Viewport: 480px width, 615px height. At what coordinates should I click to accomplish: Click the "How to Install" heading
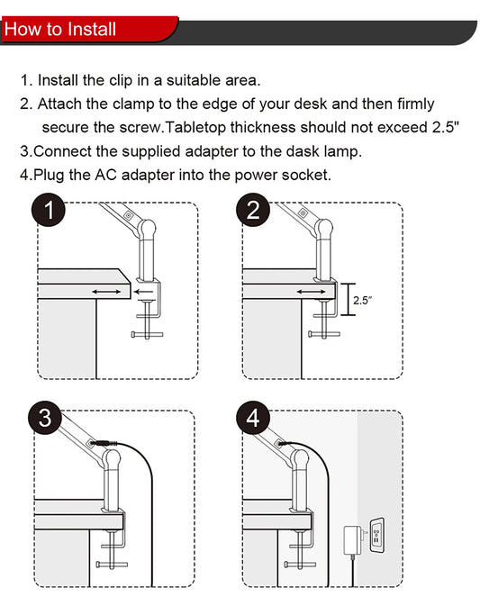coord(60,30)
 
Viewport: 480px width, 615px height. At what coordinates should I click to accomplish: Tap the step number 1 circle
coord(49,210)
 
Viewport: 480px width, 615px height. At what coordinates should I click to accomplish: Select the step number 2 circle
coord(253,210)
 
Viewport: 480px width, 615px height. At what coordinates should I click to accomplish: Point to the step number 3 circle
coord(45,417)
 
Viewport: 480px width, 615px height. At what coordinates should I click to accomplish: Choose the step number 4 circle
coord(253,417)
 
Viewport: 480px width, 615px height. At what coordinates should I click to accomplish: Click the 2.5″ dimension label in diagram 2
coord(362,301)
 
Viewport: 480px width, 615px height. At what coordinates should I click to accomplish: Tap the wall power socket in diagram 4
coord(376,536)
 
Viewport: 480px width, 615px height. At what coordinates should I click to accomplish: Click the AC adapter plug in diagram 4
coord(354,540)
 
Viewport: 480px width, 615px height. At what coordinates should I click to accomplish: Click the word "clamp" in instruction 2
coord(133,104)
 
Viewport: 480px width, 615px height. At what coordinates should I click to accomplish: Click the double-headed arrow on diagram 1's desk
coord(106,292)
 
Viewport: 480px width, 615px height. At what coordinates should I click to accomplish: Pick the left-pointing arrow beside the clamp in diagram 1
coord(143,292)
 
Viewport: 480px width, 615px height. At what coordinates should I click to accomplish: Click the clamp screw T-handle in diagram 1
coord(147,335)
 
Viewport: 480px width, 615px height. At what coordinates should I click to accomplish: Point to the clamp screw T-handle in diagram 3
coord(112,565)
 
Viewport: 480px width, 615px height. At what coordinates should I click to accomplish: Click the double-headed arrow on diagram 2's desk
coord(311,292)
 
